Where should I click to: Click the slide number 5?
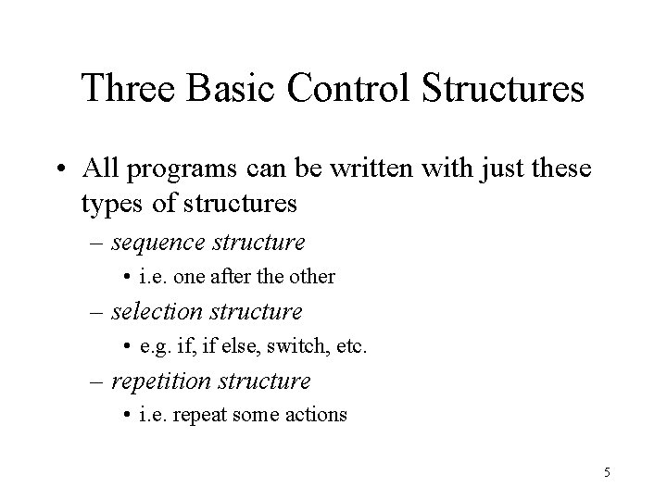pos(607,473)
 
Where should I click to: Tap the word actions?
pos(316,416)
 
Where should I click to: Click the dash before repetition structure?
pos(97,381)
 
